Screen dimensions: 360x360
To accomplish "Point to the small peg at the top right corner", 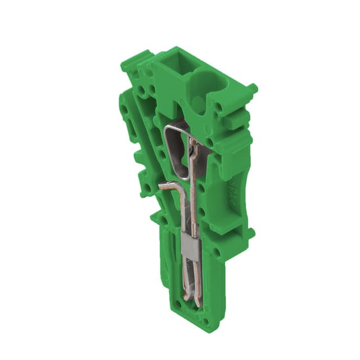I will (x=251, y=89).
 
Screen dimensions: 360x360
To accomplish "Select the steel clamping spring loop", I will (x=178, y=150).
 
